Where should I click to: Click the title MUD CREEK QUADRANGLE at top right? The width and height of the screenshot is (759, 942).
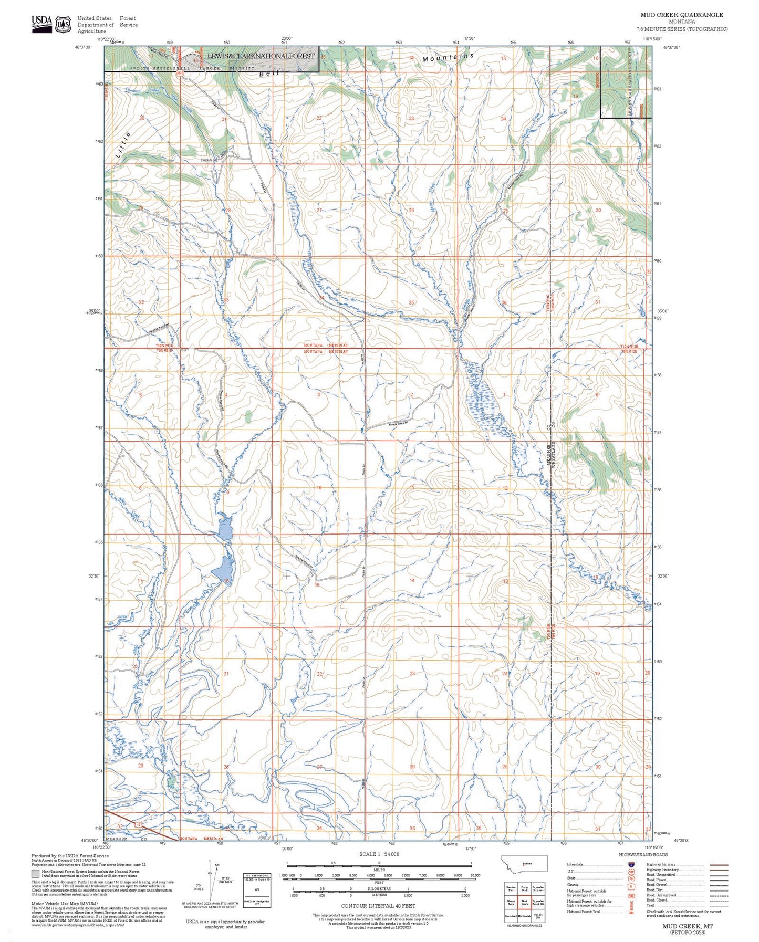(681, 15)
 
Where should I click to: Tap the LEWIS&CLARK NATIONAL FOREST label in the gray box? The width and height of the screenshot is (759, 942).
(261, 56)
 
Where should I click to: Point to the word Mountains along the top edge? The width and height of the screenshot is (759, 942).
(448, 58)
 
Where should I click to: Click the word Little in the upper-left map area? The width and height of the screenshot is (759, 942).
(122, 145)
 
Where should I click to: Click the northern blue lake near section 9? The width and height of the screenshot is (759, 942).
(225, 528)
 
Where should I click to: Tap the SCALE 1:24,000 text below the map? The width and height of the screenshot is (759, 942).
(379, 854)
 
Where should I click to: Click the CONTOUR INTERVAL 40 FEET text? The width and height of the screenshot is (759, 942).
(378, 906)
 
